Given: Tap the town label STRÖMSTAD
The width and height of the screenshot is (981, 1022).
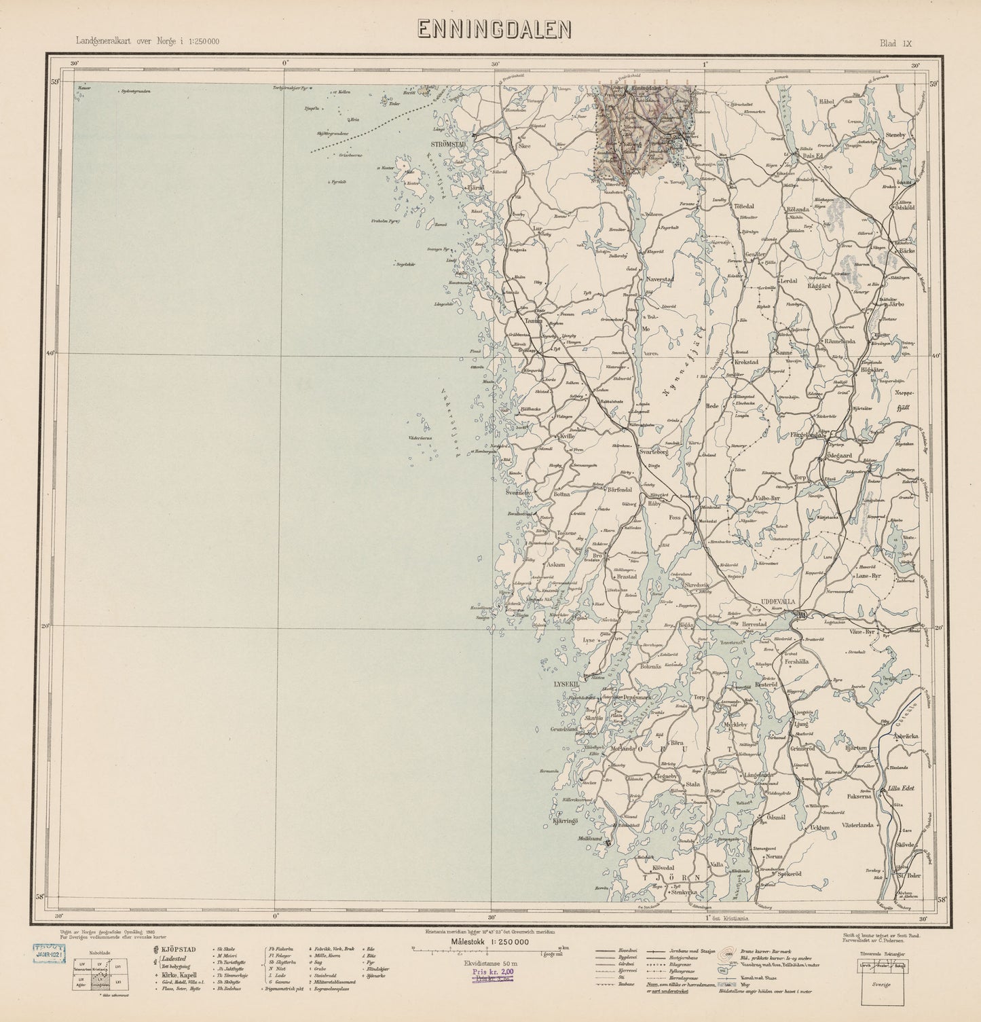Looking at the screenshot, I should [447, 145].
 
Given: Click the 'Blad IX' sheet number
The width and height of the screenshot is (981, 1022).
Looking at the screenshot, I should [895, 43].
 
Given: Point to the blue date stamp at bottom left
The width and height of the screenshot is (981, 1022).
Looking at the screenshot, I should [52, 953].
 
